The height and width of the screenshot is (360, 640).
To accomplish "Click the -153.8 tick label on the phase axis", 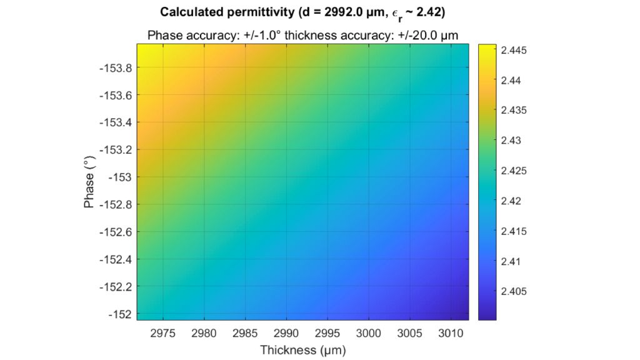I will point(116,67).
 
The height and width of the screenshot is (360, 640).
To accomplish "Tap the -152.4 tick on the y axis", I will point(116,259).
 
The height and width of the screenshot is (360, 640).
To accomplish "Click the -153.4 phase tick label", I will point(116,122).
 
